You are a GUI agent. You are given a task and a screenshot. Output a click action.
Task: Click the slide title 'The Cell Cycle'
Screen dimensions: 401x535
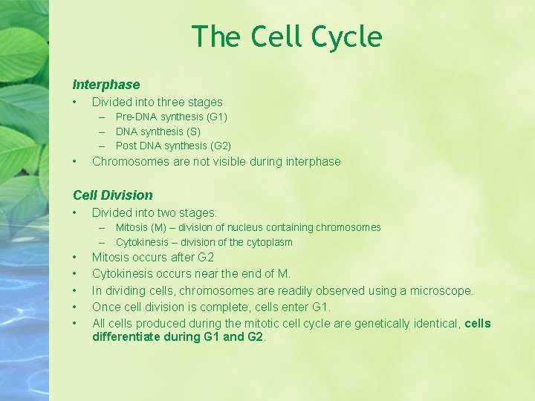tap(287, 36)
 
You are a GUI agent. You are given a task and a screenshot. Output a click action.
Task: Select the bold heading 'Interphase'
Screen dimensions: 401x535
tap(106, 85)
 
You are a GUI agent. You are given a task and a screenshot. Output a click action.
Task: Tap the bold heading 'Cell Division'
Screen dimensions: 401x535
tap(112, 195)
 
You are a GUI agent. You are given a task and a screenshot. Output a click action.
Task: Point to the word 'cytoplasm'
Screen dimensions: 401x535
tap(269, 242)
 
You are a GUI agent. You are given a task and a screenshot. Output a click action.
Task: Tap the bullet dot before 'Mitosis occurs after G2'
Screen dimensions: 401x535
tap(75, 258)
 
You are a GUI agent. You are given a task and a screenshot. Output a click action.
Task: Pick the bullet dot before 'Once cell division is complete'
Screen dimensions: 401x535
tap(75, 307)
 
